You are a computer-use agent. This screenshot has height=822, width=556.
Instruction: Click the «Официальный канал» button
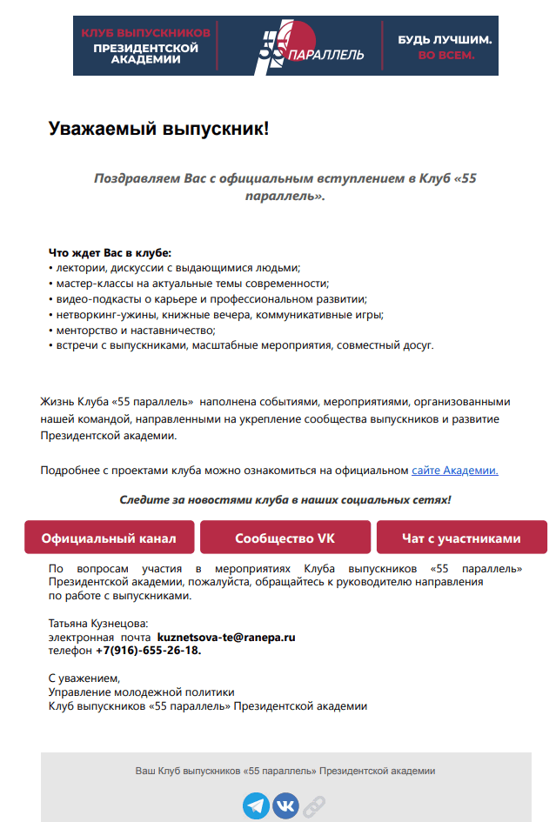click(109, 538)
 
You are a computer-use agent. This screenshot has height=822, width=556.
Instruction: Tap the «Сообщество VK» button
click(285, 538)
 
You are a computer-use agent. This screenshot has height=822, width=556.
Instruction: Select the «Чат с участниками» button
click(461, 538)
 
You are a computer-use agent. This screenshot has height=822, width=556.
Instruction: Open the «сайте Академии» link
click(454, 471)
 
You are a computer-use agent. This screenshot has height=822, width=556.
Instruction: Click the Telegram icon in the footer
click(256, 805)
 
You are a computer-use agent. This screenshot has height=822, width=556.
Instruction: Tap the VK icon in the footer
click(285, 805)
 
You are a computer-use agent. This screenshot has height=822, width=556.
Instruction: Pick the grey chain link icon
click(313, 806)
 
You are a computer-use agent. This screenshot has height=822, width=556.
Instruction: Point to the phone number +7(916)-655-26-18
click(149, 651)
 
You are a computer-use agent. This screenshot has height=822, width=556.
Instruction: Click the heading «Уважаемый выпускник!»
click(158, 130)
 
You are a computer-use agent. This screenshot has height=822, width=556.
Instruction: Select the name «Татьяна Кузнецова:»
click(98, 624)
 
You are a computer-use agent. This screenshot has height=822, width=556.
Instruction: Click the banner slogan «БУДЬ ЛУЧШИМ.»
click(445, 40)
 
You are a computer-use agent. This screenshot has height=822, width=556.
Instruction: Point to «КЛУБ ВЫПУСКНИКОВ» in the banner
click(146, 32)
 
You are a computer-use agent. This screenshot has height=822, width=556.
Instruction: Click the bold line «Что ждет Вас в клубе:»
click(110, 253)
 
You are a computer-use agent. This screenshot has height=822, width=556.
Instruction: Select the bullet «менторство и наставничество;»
click(131, 330)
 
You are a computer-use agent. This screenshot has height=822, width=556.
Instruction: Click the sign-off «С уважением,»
click(84, 678)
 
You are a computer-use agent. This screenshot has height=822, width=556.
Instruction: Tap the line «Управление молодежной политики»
click(141, 692)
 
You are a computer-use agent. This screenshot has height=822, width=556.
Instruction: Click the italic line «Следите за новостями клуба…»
click(285, 500)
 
